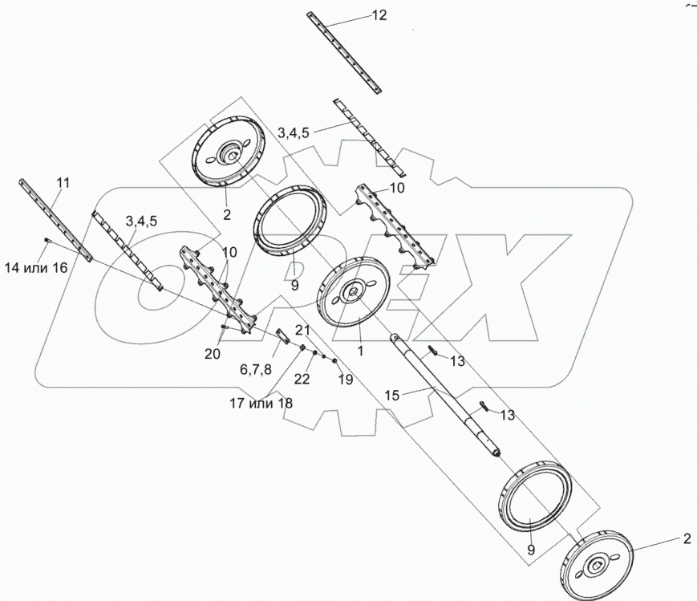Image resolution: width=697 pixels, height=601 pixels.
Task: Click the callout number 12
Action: pos(379,15)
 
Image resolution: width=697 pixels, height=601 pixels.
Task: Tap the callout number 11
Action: pos(63,185)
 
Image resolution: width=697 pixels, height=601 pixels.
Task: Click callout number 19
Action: pos(345,380)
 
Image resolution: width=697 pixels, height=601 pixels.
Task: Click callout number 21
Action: pos(302,331)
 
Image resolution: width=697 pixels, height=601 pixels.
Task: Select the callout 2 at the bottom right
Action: pos(686,538)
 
